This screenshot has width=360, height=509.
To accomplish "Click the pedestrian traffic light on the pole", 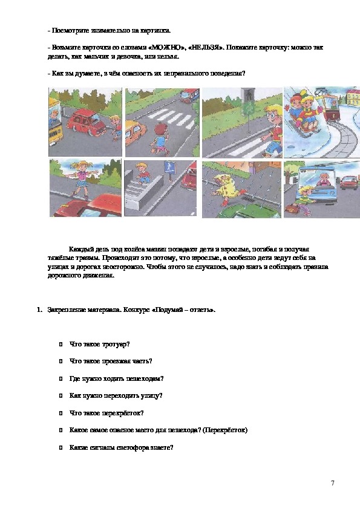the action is coord(248,95).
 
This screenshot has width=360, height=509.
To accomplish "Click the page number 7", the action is coord(332,483).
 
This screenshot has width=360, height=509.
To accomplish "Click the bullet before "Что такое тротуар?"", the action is coord(61,345).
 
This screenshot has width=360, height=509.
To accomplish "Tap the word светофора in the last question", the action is coord(131,448).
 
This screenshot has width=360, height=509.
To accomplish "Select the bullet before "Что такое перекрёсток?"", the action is coord(61,413).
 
